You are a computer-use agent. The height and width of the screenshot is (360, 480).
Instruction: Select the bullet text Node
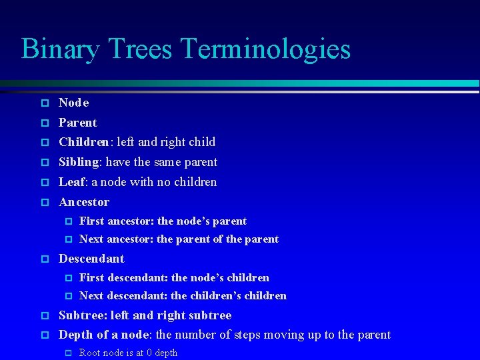[73, 103]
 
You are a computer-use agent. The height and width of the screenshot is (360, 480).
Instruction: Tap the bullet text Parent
[77, 123]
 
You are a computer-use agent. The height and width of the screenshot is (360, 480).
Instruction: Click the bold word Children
[83, 142]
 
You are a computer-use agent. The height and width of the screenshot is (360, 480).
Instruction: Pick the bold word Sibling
[79, 162]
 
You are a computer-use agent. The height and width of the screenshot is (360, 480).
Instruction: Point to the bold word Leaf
[72, 182]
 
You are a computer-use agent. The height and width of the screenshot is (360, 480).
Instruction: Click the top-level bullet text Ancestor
[84, 202]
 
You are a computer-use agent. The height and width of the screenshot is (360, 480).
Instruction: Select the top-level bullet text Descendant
[91, 259]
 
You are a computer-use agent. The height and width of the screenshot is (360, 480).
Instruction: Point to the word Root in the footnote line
[90, 353]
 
